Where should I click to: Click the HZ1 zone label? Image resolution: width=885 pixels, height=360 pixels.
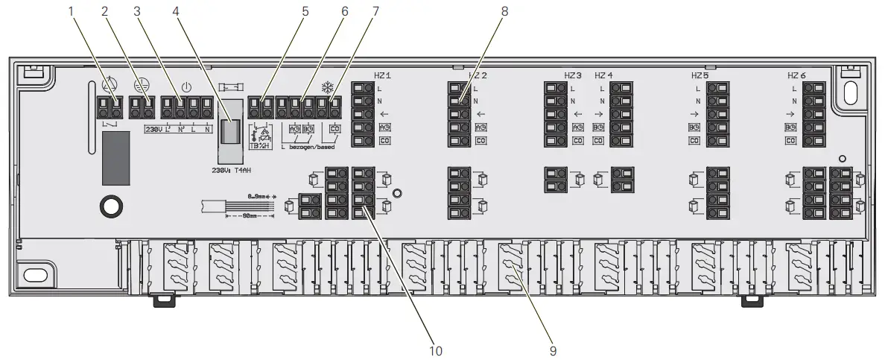pos(382,76)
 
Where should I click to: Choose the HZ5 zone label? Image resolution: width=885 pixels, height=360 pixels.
pos(700,76)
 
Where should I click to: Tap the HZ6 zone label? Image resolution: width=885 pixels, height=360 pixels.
pos(796,76)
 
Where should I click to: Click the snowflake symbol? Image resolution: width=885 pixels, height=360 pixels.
pos(326,86)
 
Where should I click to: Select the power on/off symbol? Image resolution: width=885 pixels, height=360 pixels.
pos(177,86)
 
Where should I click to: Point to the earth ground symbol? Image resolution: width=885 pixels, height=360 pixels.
pos(139,86)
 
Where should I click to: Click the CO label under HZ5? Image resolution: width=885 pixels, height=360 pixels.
pos(694,140)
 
